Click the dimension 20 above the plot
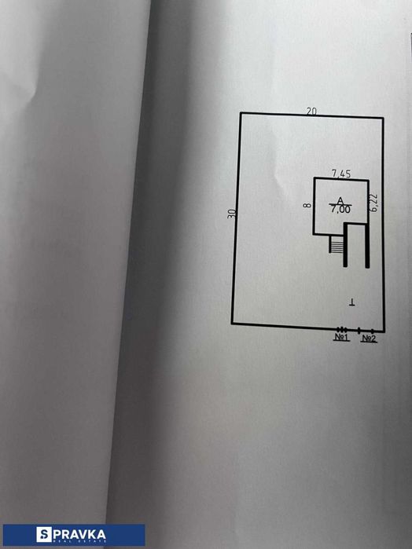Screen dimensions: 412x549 311,112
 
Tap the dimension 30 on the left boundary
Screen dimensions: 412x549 231,214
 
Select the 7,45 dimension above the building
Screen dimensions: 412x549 341,174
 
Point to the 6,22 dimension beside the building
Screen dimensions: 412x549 373,203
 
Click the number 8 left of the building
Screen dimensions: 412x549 307,205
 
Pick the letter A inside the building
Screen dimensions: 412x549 340,200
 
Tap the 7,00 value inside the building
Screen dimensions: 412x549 340,210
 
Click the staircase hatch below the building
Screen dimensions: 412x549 336,244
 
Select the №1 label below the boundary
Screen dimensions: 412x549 341,337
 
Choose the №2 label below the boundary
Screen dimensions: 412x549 369,339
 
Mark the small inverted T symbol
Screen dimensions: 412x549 352,302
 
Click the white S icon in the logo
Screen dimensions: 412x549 44,535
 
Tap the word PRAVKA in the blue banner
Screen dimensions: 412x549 79,535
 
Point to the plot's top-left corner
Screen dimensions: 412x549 241,113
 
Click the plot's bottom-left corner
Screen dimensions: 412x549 232,323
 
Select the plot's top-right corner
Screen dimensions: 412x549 383,118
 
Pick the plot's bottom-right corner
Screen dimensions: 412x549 384,331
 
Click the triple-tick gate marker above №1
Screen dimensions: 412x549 342,329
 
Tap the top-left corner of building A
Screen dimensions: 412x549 315,178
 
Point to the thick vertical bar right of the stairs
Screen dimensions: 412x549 345,245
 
